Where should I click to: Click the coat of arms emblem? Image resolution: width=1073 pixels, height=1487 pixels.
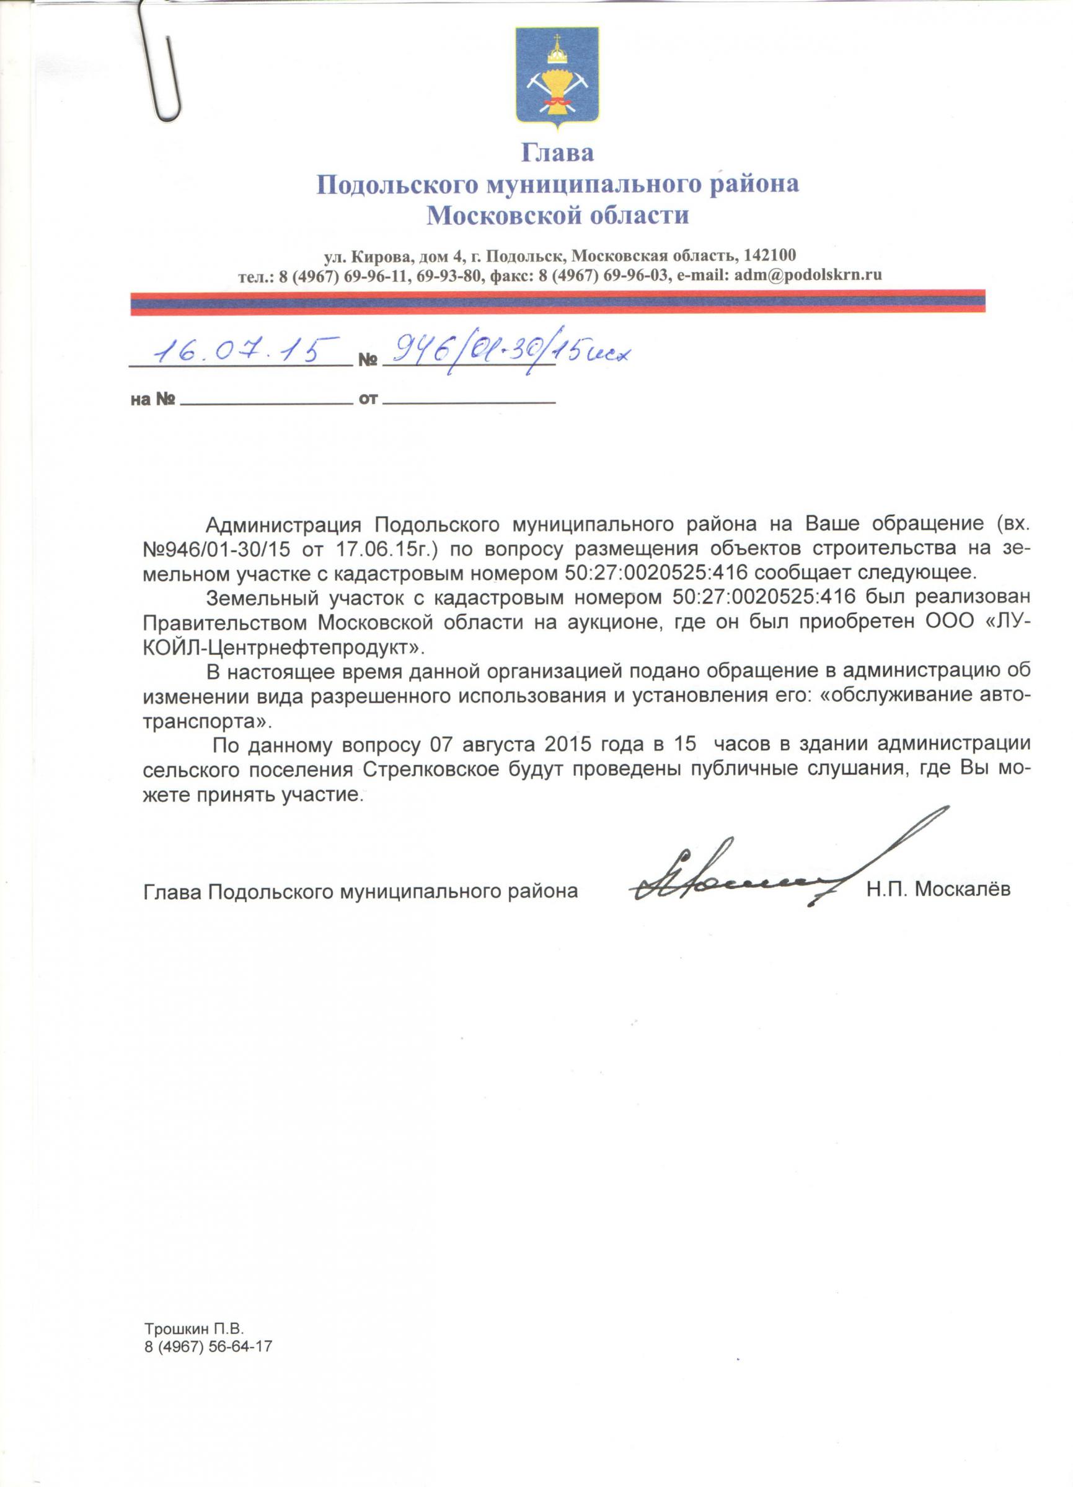tap(556, 75)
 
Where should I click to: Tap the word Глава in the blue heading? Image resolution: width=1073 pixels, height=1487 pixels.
tap(557, 153)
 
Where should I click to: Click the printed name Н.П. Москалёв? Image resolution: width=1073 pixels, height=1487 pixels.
tap(938, 890)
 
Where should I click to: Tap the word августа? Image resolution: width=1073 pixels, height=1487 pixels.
tap(500, 745)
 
